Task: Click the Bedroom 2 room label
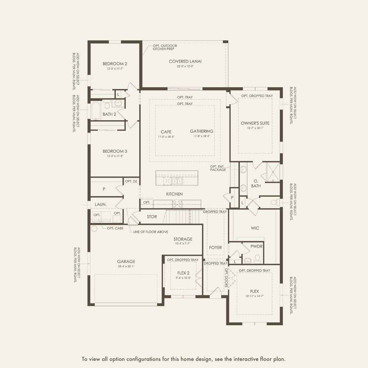coord(115,64)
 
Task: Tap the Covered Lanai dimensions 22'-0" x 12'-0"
coord(185,66)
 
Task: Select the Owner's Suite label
coord(255,123)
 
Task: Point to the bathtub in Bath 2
coord(96,111)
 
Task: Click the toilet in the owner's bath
coord(275,202)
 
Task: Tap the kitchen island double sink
coord(177,181)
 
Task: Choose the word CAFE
coord(166,132)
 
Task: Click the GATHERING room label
coord(202,131)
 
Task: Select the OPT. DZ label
coord(131,181)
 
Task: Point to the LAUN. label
coord(101,204)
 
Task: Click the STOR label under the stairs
coord(152,217)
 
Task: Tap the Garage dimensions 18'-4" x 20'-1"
coord(126,267)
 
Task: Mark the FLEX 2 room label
coord(183,273)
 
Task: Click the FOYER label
coord(215,248)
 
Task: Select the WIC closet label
coord(255,228)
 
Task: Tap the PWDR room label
coord(256,246)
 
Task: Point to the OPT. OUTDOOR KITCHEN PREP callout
coord(165,47)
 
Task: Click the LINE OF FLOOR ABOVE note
coord(150,232)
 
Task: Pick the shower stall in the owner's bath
coord(273,172)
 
